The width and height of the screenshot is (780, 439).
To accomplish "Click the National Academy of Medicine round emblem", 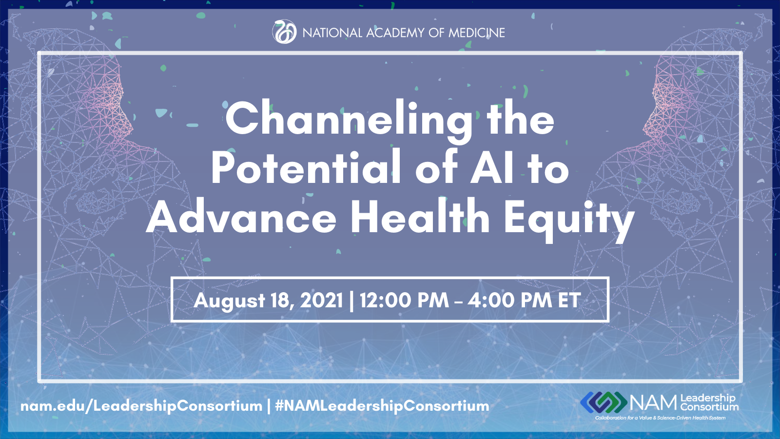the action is coord(284,32).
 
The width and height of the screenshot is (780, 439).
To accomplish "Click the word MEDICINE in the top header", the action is coord(476,33).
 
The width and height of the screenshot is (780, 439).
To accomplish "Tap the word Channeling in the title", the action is coord(349,120).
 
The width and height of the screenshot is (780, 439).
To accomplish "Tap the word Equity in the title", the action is coord(569,220).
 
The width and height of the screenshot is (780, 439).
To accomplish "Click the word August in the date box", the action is coord(229,300).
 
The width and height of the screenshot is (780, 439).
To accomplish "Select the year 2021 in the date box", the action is coord(321,300).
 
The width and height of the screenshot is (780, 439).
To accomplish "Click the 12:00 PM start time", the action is coord(405,300).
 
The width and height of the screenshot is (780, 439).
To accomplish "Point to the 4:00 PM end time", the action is coord(509,300).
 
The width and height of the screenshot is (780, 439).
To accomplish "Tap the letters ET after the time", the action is coord(569,300).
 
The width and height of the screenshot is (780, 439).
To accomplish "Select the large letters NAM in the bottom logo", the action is coord(654,403).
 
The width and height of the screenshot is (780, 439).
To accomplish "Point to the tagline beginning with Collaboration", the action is coord(660,418).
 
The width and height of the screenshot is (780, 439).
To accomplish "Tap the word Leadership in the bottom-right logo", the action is coord(707,398).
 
